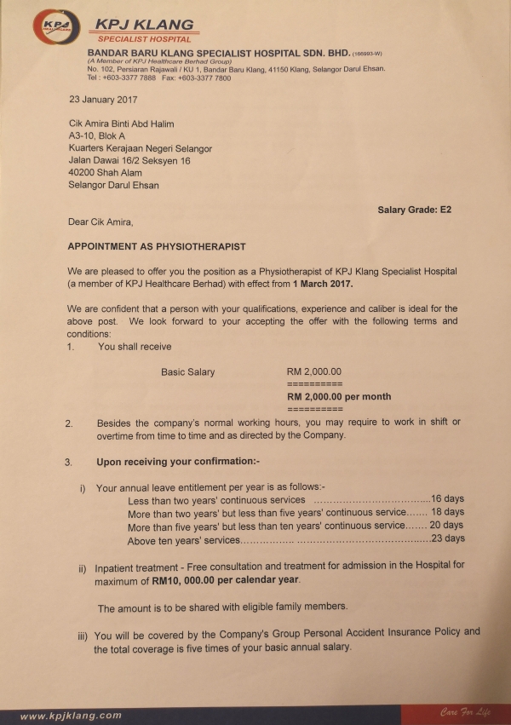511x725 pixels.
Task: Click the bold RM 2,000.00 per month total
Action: [339, 396]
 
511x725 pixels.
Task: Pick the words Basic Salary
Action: [187, 371]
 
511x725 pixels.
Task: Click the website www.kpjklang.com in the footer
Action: [71, 716]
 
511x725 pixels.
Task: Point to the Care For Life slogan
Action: [464, 712]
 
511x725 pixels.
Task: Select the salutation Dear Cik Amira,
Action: [100, 222]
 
